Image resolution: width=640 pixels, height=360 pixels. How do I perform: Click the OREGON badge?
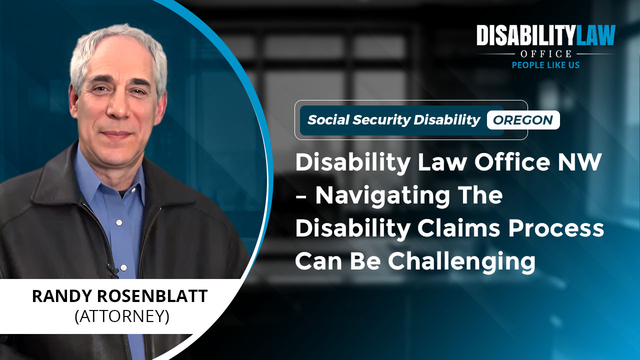523,120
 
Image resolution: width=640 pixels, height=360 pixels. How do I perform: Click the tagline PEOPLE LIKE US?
545,65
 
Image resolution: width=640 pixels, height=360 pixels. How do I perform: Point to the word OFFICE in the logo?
545,53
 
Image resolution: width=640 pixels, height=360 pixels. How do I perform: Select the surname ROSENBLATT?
152,296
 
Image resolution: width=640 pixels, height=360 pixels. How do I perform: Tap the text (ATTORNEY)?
122,316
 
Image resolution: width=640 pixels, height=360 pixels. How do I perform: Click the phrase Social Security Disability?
393,120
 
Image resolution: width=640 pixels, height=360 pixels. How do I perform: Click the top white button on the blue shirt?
119,222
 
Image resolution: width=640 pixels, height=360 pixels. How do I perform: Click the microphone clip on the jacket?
113,271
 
